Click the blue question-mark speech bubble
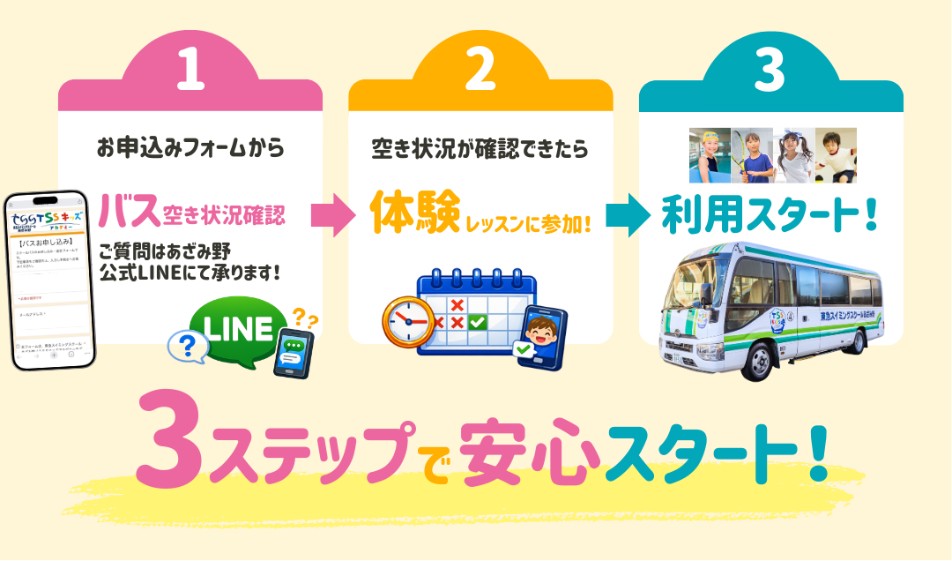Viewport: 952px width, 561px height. (x=186, y=347)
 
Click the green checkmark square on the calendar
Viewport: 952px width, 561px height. (x=477, y=322)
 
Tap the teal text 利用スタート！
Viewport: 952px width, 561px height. (x=769, y=216)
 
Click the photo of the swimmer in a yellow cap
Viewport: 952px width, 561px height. (x=710, y=155)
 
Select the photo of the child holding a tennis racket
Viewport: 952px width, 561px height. (x=752, y=155)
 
